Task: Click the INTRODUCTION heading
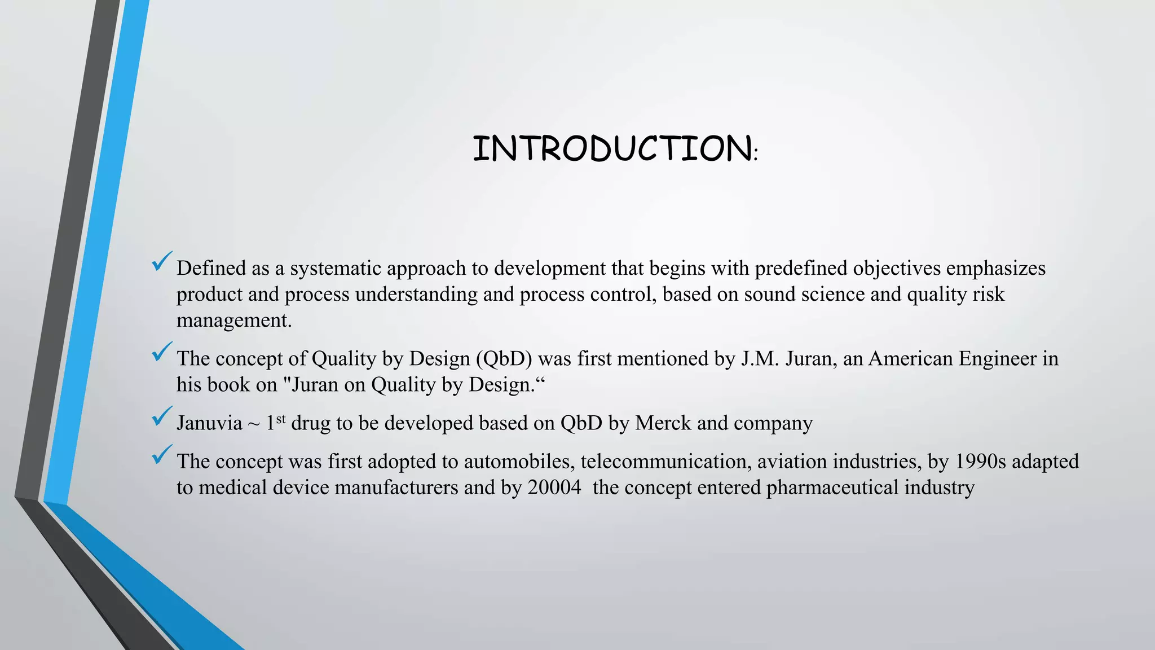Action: (x=614, y=149)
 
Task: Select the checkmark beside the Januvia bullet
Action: (x=162, y=416)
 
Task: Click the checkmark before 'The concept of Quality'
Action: (x=162, y=352)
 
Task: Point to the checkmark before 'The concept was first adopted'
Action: (x=162, y=455)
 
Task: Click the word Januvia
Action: (x=209, y=423)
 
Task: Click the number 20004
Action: (x=554, y=488)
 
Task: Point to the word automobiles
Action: (x=517, y=462)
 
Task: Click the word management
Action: (x=234, y=320)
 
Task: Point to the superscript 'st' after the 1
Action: (x=281, y=419)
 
